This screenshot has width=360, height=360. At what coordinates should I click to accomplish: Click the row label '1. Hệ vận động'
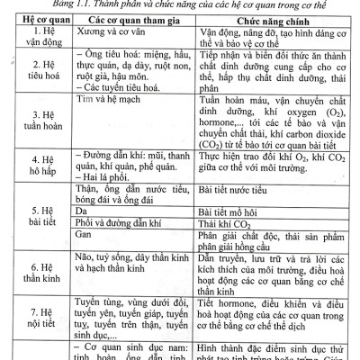[39, 43]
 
